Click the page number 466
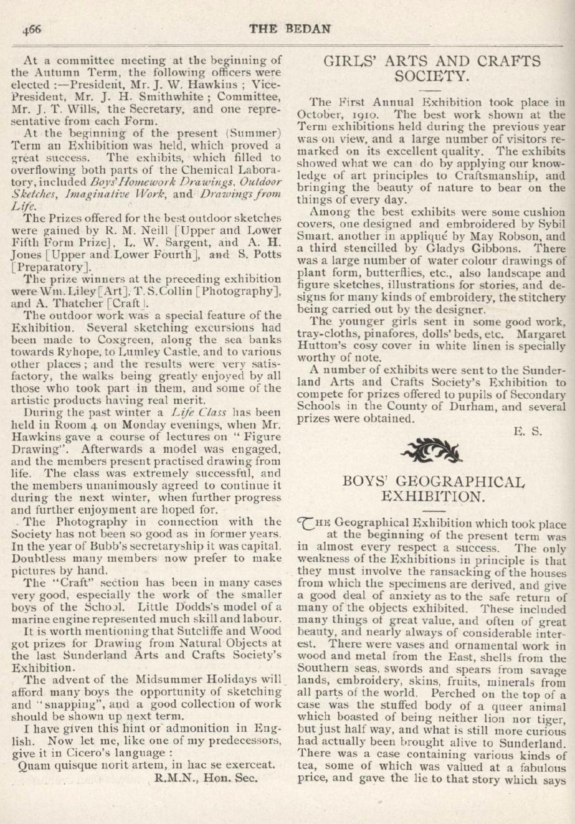coord(32,29)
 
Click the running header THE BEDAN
coord(290,29)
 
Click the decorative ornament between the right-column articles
coord(431,448)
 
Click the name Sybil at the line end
coord(551,224)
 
